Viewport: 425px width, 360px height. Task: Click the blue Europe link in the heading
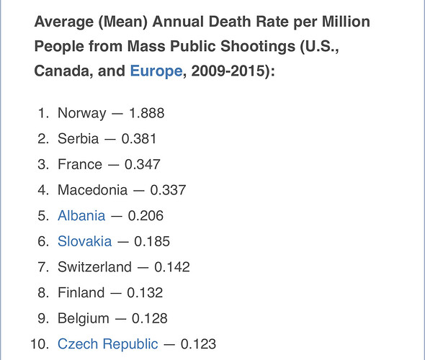coord(156,71)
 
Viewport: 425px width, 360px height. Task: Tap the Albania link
coord(81,215)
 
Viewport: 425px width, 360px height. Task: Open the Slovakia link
coord(84,241)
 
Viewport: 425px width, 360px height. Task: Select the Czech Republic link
coord(107,344)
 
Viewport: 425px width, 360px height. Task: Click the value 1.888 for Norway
coord(147,113)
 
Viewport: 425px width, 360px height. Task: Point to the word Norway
coord(82,114)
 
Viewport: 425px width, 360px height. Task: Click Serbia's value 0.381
coord(139,139)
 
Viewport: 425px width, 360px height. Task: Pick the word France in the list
coord(80,164)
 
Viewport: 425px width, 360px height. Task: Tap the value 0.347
coord(143,164)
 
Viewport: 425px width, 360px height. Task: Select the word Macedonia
coord(92,189)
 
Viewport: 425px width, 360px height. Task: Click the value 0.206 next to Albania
coord(146,215)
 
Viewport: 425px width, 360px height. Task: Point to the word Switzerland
coord(94,267)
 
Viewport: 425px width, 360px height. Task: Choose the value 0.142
coord(172,267)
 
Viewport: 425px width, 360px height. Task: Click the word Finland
coord(81,292)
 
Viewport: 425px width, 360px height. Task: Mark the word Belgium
coord(84,318)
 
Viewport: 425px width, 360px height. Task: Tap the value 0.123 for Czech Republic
coord(198,344)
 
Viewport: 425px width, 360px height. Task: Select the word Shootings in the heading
coord(257,46)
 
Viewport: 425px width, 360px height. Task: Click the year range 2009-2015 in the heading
coord(228,71)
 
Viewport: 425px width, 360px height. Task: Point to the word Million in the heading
coord(346,22)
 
